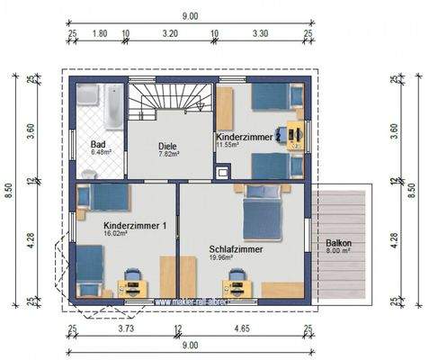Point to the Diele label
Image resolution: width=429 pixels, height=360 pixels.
point(167,146)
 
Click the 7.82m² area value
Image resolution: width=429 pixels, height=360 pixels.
point(169,154)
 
